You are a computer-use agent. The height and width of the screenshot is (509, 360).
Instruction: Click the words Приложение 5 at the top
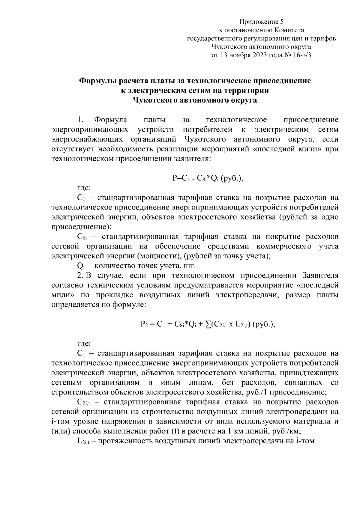[261, 22]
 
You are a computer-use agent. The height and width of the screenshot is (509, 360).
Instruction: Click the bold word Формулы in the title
[97, 81]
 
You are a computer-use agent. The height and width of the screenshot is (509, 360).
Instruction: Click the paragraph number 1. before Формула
[80, 120]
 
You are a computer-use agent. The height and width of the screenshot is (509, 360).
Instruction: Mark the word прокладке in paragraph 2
[115, 295]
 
